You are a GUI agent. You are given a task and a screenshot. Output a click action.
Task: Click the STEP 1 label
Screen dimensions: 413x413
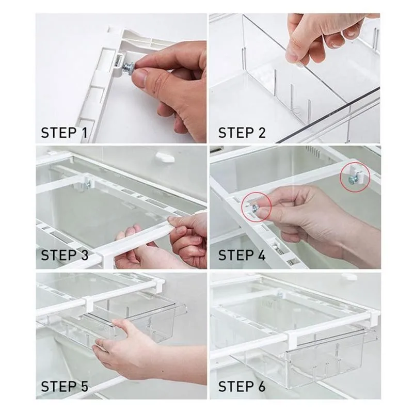(64, 133)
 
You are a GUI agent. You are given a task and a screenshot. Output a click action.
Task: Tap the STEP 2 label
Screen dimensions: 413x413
(242, 133)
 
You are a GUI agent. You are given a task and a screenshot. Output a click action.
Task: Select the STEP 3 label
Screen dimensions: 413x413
(65, 255)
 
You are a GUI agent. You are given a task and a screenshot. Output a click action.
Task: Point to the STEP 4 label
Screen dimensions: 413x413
(242, 255)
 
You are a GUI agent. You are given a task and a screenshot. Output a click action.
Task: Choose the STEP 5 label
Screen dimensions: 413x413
(65, 386)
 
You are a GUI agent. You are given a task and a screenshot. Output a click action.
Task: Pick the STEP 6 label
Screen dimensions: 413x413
(242, 386)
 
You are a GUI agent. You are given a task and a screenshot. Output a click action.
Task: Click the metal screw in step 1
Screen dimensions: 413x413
(129, 68)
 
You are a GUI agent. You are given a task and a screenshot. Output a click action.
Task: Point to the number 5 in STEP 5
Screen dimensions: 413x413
(84, 386)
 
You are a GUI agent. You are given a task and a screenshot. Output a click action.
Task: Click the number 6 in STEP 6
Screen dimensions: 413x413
(261, 386)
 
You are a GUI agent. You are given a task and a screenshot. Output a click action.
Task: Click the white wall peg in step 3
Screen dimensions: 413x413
(165, 157)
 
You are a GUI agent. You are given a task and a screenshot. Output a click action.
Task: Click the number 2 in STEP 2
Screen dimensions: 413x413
(261, 133)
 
